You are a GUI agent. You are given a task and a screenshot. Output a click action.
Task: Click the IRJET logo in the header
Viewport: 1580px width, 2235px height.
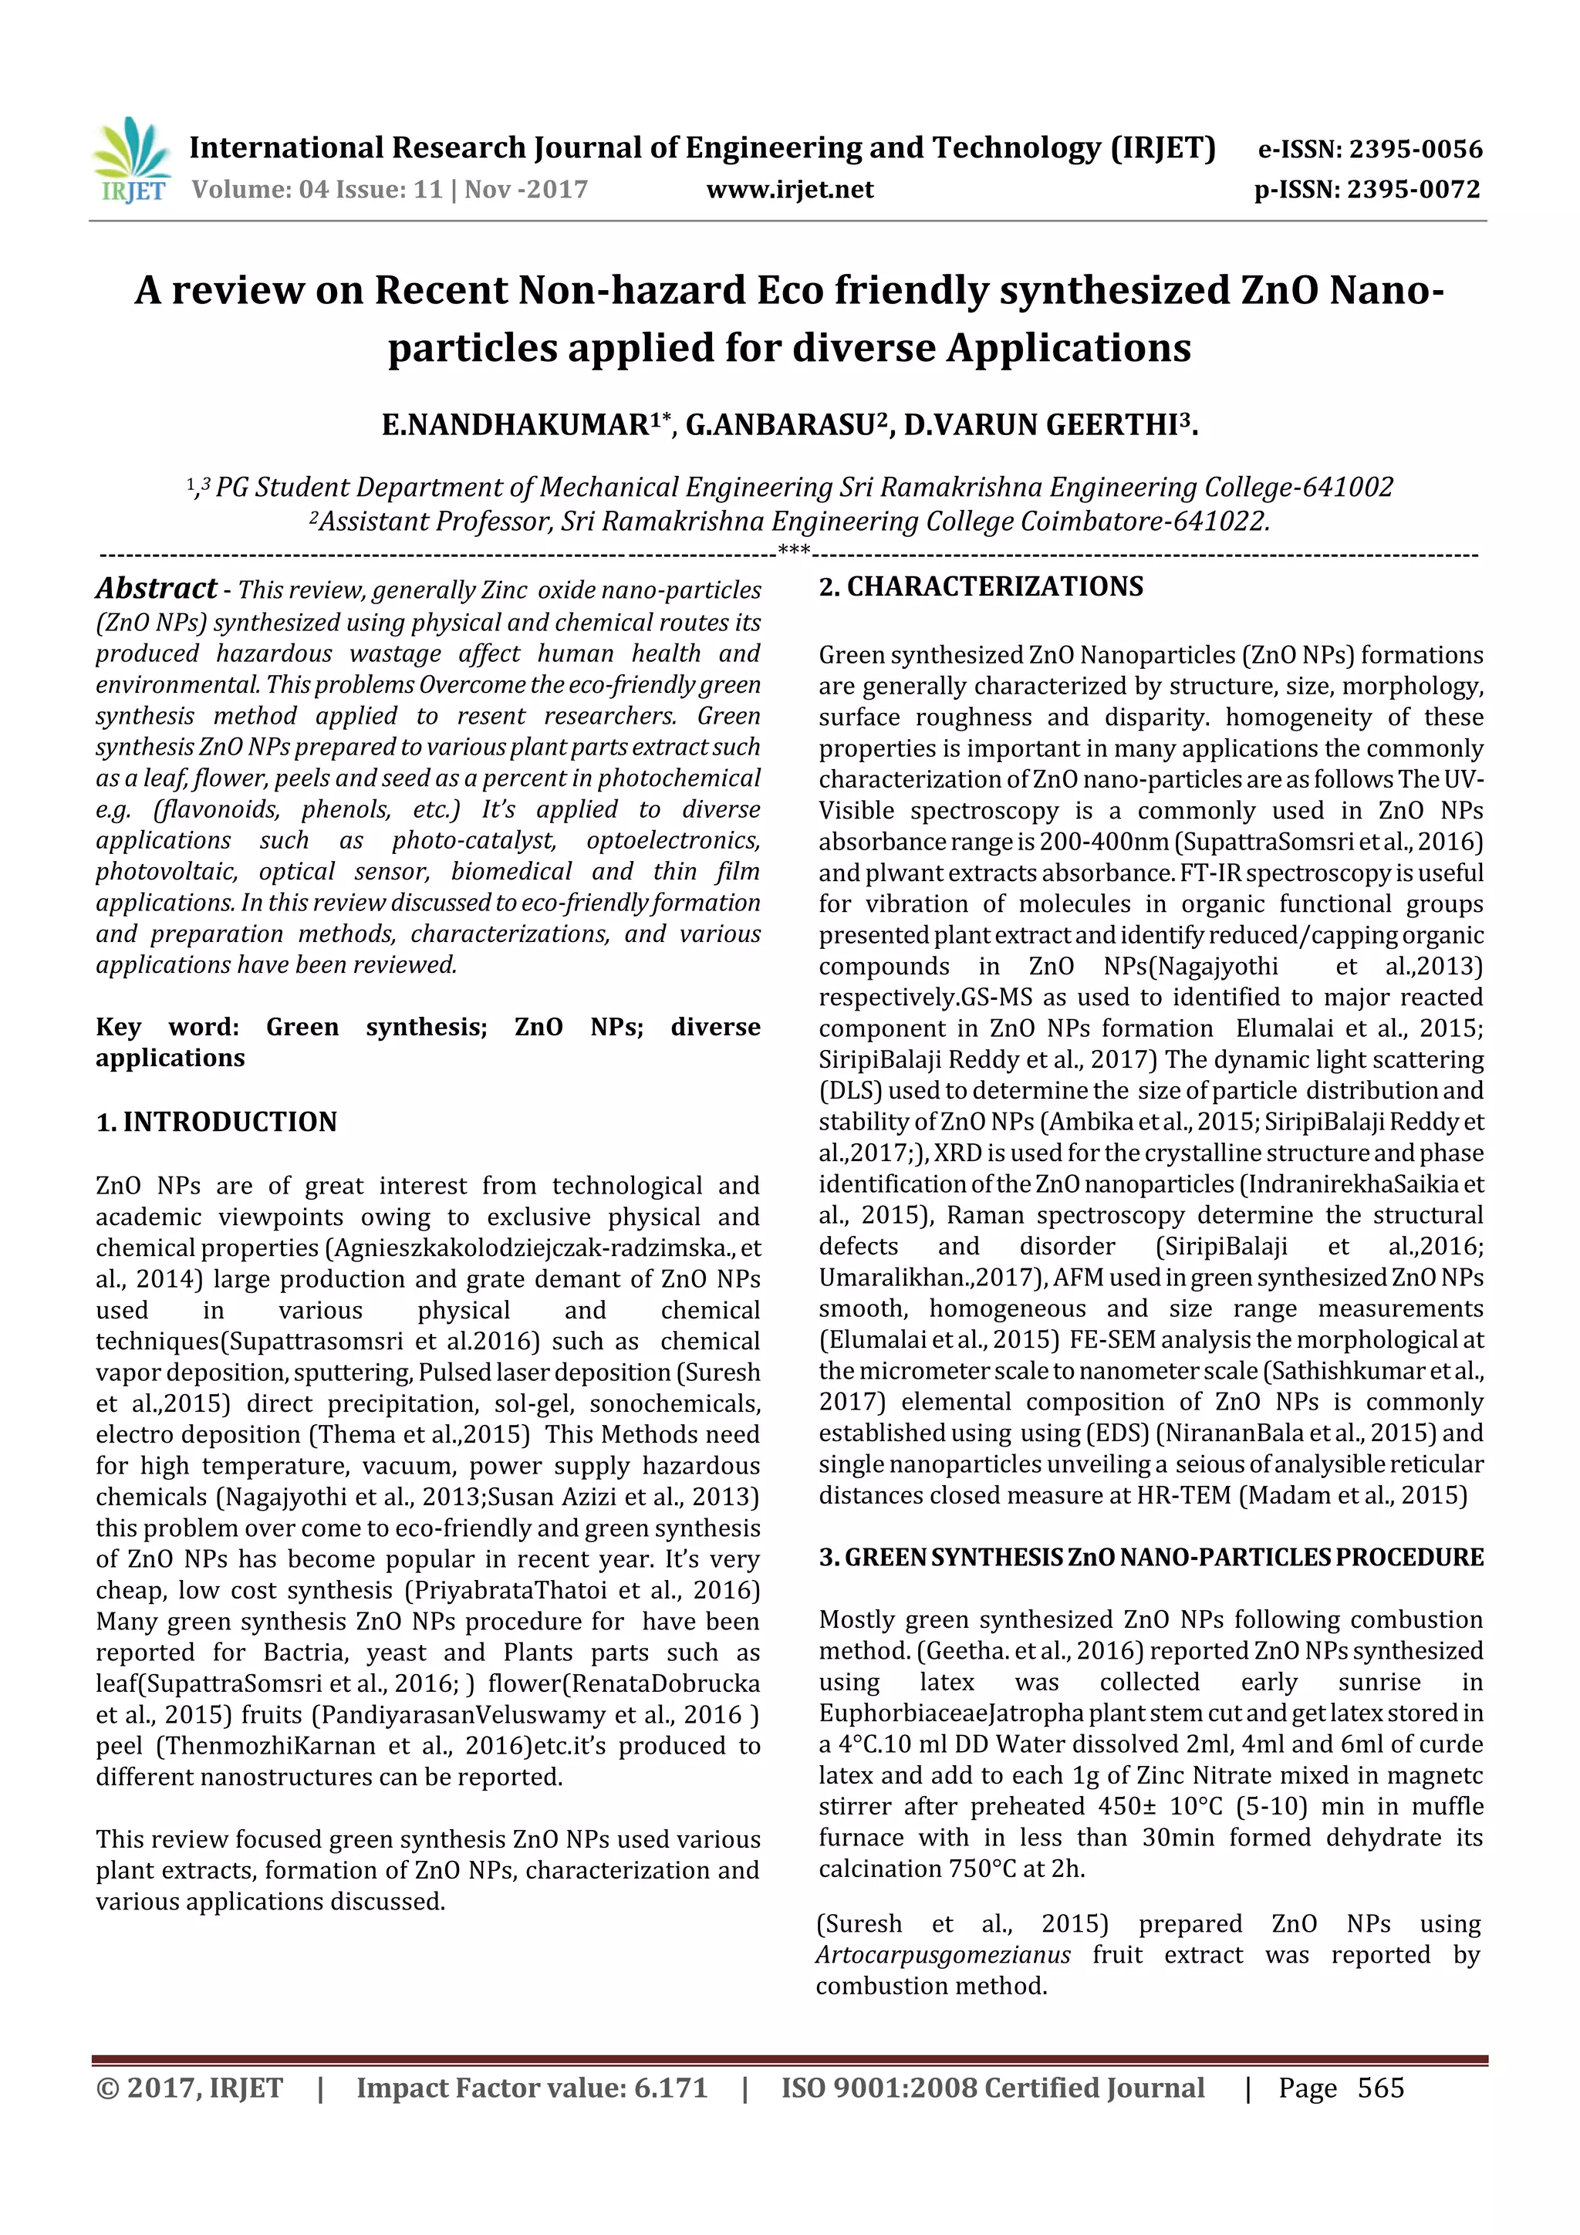(x=130, y=160)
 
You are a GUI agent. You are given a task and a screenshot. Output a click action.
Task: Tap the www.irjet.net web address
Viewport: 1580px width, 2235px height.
(x=789, y=189)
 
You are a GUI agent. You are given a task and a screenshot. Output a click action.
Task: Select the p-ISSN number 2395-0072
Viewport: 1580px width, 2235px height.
(x=1413, y=189)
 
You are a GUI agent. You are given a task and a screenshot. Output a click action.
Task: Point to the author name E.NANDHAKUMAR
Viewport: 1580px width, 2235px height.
(x=516, y=425)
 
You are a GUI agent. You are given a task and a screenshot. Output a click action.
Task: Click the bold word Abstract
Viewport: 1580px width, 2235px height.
(x=156, y=588)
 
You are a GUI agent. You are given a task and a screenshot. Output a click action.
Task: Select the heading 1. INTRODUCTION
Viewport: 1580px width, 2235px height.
(x=216, y=1122)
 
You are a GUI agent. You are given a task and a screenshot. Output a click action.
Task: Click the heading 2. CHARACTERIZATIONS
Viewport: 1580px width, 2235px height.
(x=981, y=586)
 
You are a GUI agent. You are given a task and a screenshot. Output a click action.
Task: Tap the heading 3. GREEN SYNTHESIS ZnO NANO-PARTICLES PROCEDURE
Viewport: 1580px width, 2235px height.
(x=1151, y=1558)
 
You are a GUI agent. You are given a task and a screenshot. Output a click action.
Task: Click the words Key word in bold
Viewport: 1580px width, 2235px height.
(x=167, y=1027)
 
